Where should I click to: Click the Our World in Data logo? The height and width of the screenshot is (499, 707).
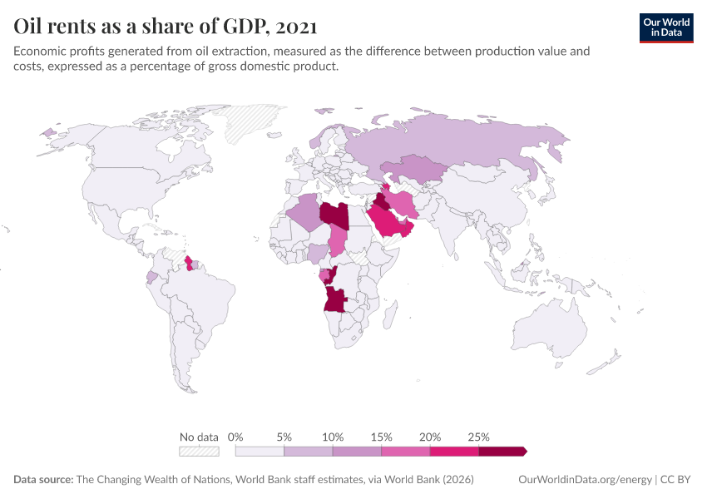click(666, 27)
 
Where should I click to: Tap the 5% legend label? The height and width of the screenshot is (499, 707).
click(284, 437)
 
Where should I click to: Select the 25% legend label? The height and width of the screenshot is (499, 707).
click(478, 437)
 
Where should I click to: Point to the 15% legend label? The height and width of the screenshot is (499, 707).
click(381, 437)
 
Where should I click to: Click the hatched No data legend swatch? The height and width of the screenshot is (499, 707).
click(199, 452)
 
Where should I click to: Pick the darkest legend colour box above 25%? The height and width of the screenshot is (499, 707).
click(502, 452)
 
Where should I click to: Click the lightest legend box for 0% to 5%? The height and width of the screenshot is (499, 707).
click(260, 452)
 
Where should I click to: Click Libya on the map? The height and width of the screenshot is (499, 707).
click(334, 215)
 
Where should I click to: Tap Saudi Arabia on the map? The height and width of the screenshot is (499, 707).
click(385, 222)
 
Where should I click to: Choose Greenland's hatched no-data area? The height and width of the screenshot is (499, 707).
click(258, 121)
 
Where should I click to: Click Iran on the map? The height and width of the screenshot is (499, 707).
click(403, 202)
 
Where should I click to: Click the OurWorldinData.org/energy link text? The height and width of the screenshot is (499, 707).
click(584, 480)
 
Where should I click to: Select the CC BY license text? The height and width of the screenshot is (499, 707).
click(677, 480)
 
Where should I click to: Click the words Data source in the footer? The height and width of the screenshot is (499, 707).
click(43, 480)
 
